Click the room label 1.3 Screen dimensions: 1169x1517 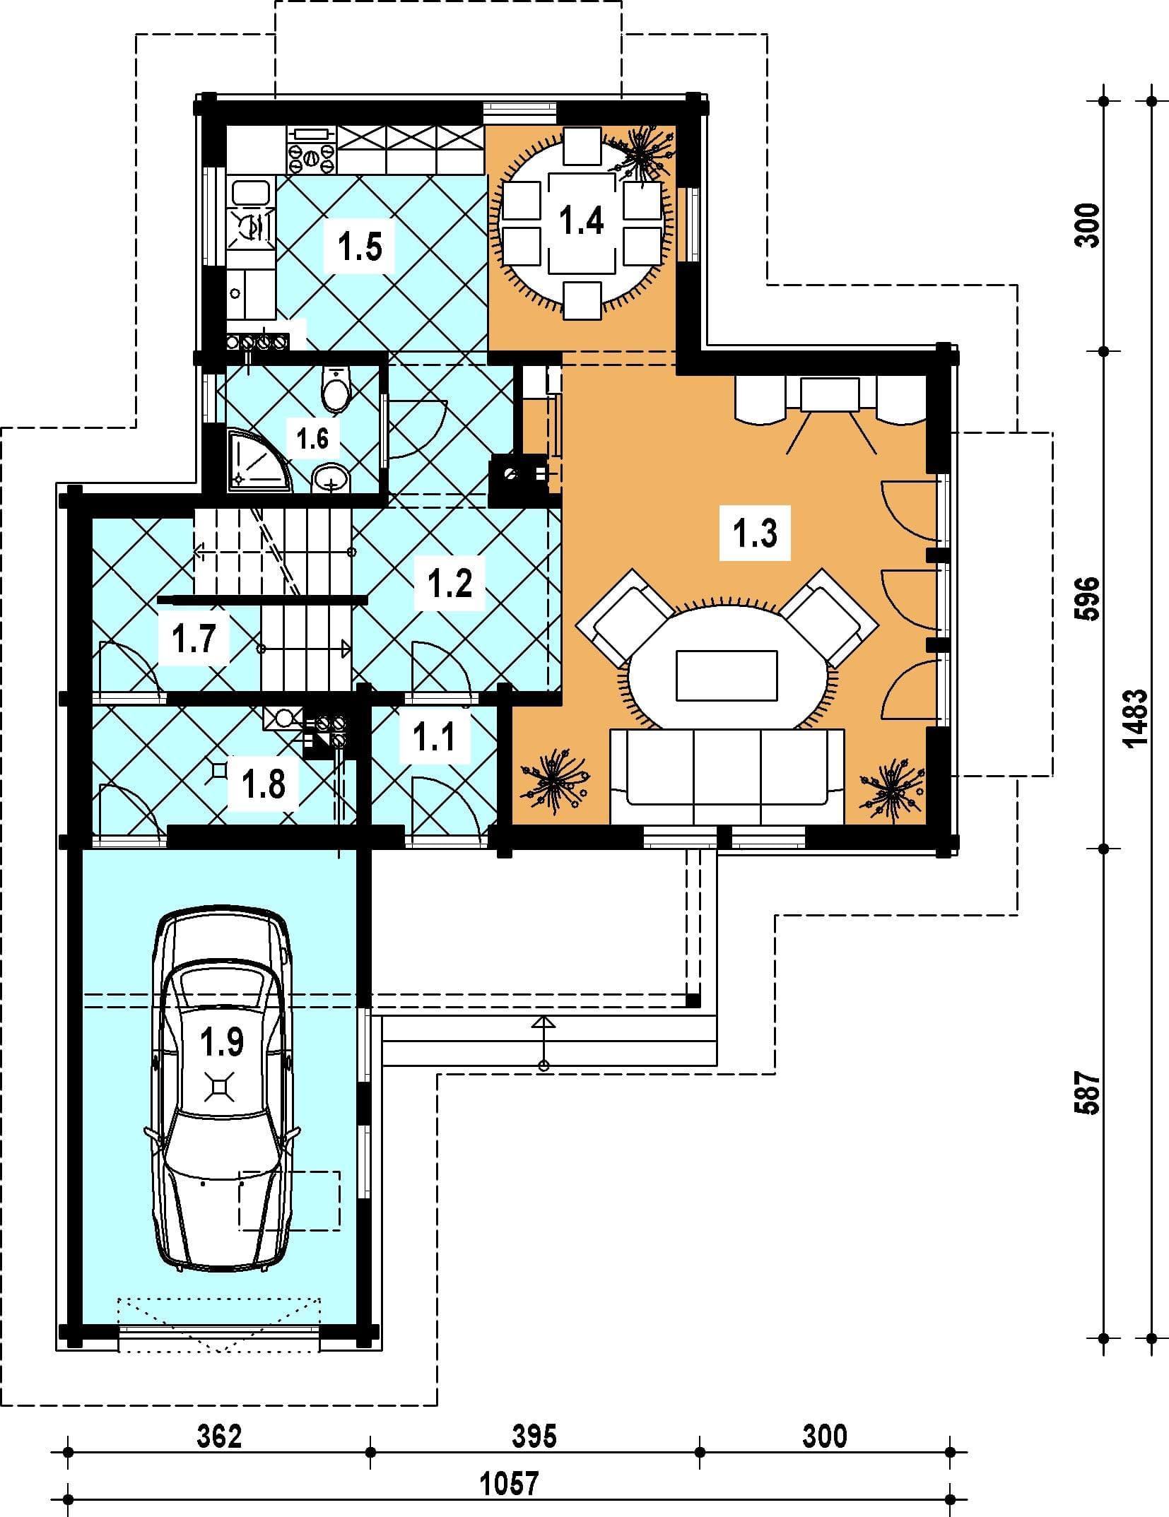(x=756, y=533)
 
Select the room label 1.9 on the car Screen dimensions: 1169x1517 (x=222, y=1041)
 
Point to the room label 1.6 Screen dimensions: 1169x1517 (x=312, y=438)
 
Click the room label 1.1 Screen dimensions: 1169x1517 (x=433, y=738)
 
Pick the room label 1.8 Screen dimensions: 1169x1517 (x=264, y=784)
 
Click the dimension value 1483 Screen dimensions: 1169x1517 (x=1134, y=718)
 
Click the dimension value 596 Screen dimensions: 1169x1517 (x=1088, y=598)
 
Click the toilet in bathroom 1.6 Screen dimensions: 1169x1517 (x=335, y=389)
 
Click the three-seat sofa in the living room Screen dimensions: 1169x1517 (x=727, y=777)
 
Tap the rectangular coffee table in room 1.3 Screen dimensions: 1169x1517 (x=727, y=675)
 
